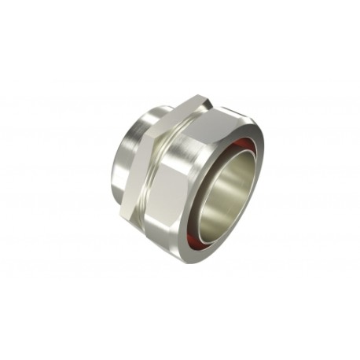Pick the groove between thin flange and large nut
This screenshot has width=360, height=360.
coord(157,169)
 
